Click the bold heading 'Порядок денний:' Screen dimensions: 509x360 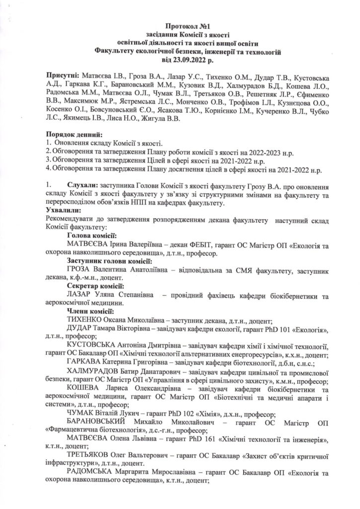[74, 135]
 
